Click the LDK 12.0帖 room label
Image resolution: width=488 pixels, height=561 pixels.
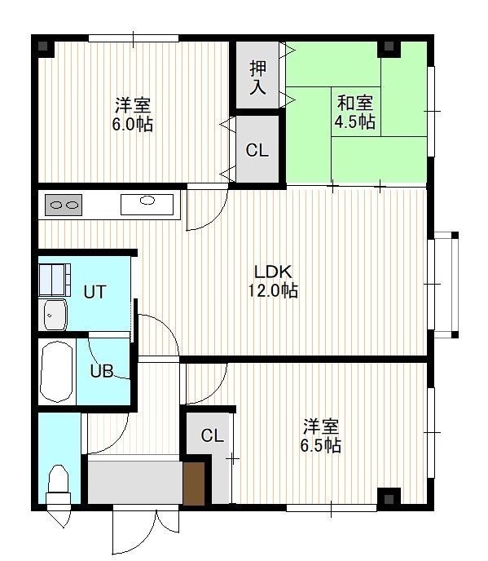tap(273, 281)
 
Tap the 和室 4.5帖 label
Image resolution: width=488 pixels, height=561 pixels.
tap(355, 112)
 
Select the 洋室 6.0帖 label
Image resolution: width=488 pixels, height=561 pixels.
tap(133, 114)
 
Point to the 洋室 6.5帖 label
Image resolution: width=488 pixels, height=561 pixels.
tap(320, 435)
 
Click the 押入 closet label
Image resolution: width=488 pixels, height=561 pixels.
tap(257, 78)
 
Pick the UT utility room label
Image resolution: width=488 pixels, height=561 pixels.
tap(95, 292)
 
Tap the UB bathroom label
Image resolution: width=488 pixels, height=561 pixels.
tap(102, 371)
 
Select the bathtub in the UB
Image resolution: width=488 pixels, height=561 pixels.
tap(57, 372)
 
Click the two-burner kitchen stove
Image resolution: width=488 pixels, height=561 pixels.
tap(64, 205)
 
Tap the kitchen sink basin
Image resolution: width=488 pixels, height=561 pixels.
tap(147, 205)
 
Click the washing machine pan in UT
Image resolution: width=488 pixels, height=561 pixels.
tap(55, 280)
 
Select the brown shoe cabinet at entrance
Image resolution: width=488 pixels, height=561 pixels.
tap(194, 484)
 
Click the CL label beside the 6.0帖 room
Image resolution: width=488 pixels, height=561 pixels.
tap(257, 150)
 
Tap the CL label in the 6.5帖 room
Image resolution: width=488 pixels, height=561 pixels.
tap(212, 435)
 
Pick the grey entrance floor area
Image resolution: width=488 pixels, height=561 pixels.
tap(135, 482)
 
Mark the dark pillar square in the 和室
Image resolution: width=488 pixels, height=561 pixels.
tap(389, 46)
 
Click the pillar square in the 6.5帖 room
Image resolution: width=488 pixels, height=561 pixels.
tap(389, 499)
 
